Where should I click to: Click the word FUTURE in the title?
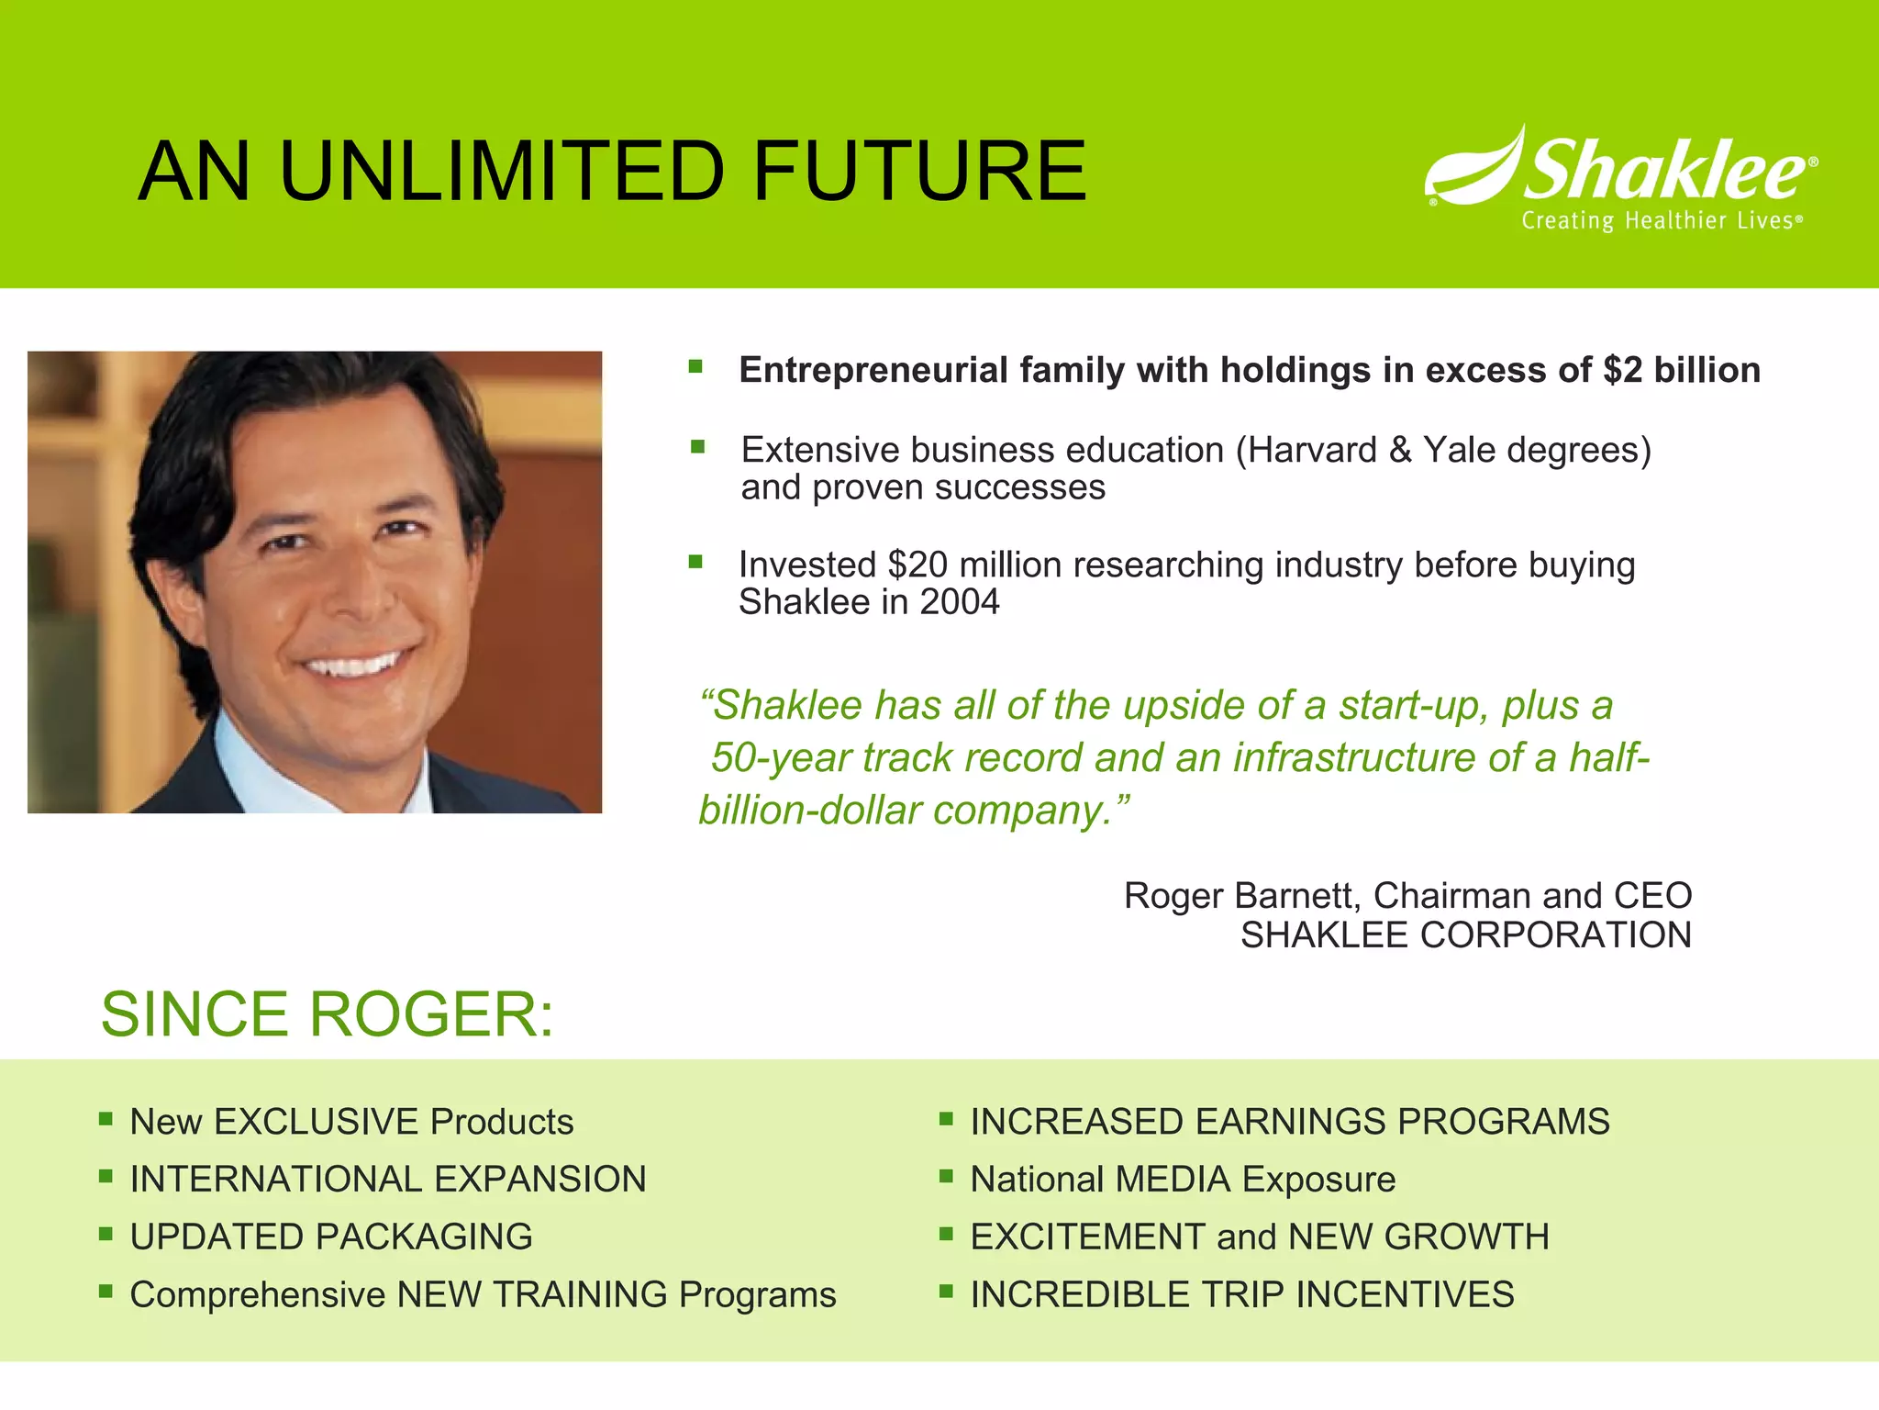point(919,172)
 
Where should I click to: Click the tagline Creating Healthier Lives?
point(1661,221)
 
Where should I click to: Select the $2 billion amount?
point(1682,370)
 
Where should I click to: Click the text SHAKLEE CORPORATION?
point(1465,935)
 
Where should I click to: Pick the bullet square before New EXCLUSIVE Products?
point(106,1119)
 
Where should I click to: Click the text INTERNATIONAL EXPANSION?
point(388,1180)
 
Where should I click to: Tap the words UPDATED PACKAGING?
point(331,1237)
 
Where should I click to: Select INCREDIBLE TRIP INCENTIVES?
point(1241,1294)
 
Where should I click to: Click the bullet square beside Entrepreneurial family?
point(696,368)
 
